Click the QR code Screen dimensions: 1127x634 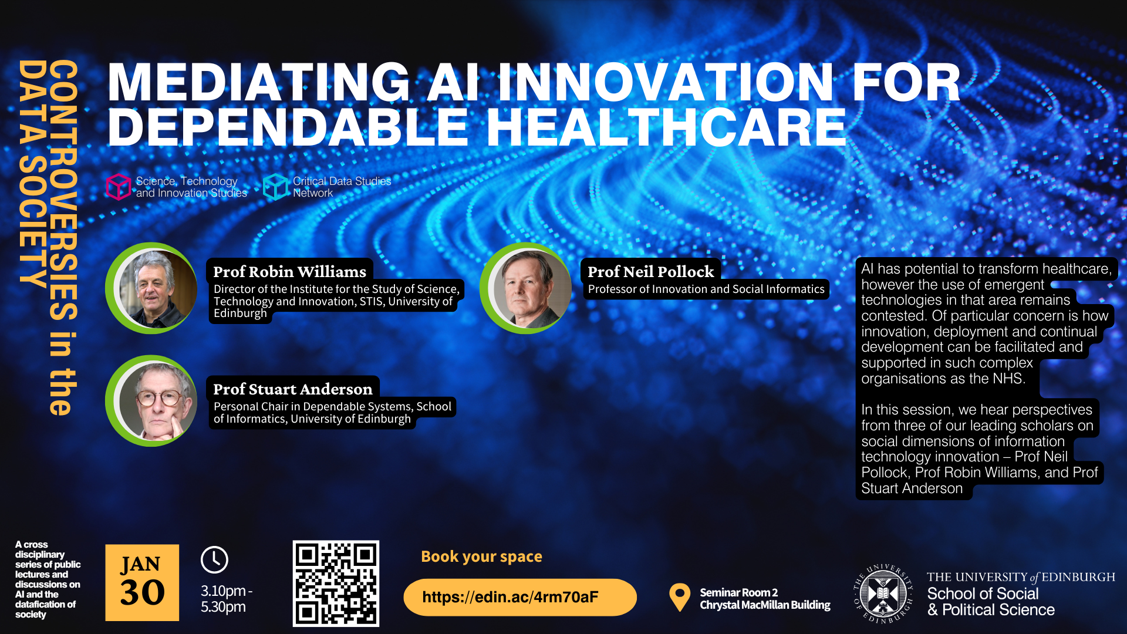click(336, 583)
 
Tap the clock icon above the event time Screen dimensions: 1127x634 click(214, 559)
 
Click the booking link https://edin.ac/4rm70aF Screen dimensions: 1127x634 click(510, 597)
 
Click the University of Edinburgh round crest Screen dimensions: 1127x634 click(883, 593)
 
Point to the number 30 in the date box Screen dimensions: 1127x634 click(143, 592)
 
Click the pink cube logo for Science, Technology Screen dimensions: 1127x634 click(119, 187)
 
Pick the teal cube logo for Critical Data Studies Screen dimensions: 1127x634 click(276, 187)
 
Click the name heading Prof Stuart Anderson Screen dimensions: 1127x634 click(292, 389)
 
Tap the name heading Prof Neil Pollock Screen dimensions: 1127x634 click(650, 272)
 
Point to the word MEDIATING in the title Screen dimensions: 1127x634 click(259, 82)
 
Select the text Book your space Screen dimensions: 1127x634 click(481, 557)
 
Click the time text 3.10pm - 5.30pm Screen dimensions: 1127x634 click(227, 599)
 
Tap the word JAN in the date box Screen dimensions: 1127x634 click(140, 564)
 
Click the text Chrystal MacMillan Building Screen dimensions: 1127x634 click(765, 605)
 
